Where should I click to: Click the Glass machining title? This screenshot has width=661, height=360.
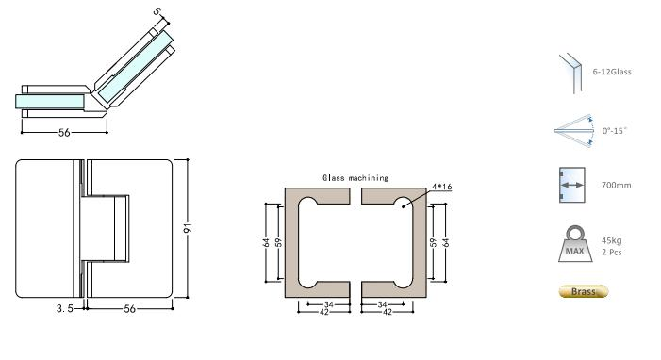pyautogui.click(x=355, y=177)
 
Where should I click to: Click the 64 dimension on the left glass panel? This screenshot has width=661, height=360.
pyautogui.click(x=268, y=241)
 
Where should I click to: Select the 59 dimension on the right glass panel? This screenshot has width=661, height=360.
pyautogui.click(x=432, y=241)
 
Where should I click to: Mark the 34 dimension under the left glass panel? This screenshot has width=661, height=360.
pyautogui.click(x=330, y=303)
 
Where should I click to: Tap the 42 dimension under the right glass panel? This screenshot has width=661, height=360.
pyautogui.click(x=385, y=311)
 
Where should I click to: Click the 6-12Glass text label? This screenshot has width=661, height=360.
pyautogui.click(x=612, y=72)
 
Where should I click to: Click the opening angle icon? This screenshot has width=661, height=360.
pyautogui.click(x=571, y=130)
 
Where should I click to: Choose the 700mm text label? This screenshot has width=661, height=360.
pyautogui.click(x=616, y=185)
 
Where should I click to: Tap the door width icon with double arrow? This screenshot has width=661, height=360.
pyautogui.click(x=570, y=184)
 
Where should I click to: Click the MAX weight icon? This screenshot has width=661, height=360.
pyautogui.click(x=571, y=243)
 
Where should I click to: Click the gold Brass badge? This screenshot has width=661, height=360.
pyautogui.click(x=584, y=291)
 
